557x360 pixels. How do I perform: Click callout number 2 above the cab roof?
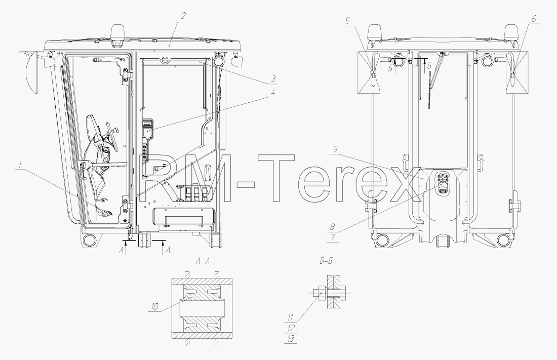tap(183, 16)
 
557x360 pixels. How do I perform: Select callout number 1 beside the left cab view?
tap(21, 165)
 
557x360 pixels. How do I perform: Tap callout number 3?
tap(273, 78)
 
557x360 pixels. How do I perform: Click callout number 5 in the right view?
tap(347, 21)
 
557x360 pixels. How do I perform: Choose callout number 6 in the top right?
tap(534, 19)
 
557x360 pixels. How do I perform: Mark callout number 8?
tap(333, 226)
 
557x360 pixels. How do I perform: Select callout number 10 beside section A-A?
tap(154, 307)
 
